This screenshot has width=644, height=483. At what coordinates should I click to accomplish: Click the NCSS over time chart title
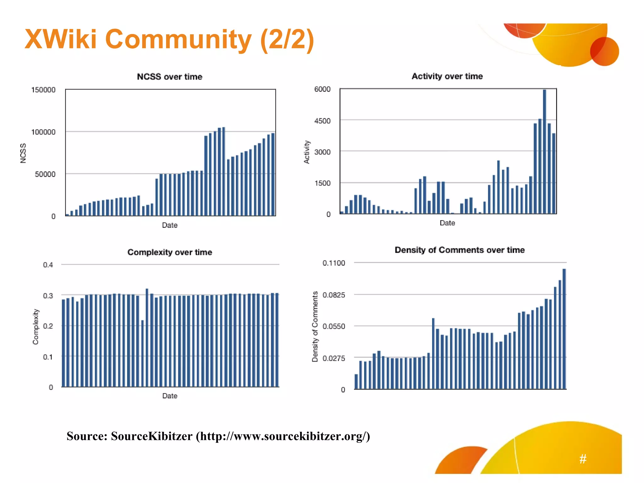coord(169,77)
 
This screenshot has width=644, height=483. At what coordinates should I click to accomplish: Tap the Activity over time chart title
coord(447,76)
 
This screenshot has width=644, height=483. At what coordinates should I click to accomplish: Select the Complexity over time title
coord(169,252)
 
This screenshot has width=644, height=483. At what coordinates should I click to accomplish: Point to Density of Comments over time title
coord(459,250)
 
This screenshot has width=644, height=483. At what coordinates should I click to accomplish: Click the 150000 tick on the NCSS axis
coord(43,90)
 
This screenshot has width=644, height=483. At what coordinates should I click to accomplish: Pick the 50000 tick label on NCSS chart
coord(45,174)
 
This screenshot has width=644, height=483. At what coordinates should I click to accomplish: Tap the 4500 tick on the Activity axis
coord(322,121)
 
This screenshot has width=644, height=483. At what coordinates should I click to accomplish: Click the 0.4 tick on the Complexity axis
coord(48,265)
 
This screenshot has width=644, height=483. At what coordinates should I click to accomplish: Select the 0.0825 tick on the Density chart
coord(334,295)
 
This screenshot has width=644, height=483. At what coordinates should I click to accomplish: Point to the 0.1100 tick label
coord(334,263)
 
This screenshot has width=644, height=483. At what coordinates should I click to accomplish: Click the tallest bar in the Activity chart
coord(544,151)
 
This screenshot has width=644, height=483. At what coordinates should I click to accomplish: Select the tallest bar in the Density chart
coord(564,329)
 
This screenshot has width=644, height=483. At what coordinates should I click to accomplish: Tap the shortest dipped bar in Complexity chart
coord(142,354)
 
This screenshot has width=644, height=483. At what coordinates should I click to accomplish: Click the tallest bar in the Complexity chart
coord(147,338)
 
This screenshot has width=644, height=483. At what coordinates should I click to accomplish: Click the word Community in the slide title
coord(178,39)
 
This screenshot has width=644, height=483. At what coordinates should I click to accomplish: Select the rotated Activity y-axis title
coord(307,152)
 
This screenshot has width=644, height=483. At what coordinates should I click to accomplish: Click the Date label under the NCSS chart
coord(169,225)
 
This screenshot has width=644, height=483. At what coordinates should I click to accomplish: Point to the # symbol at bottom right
coord(583,459)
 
